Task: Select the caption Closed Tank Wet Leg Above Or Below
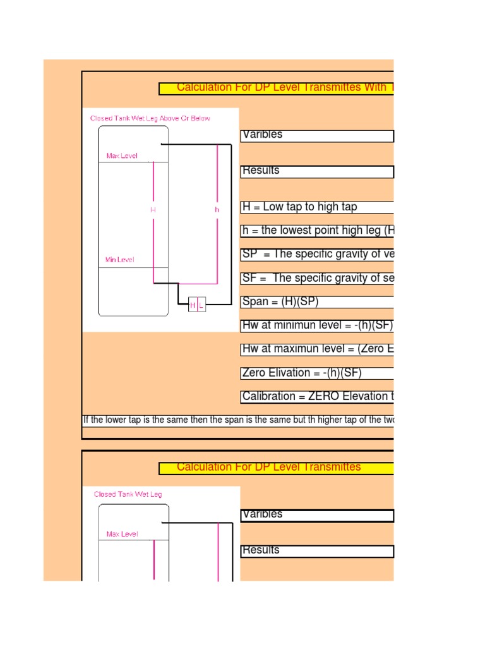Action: pos(150,118)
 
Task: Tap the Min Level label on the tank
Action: pos(119,260)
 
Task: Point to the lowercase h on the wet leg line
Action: pos(217,209)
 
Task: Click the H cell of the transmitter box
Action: pos(193,305)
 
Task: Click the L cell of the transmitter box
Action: pos(201,305)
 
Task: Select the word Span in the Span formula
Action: pos(254,302)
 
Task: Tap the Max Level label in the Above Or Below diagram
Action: pos(122,156)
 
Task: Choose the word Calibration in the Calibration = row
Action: pos(266,397)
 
